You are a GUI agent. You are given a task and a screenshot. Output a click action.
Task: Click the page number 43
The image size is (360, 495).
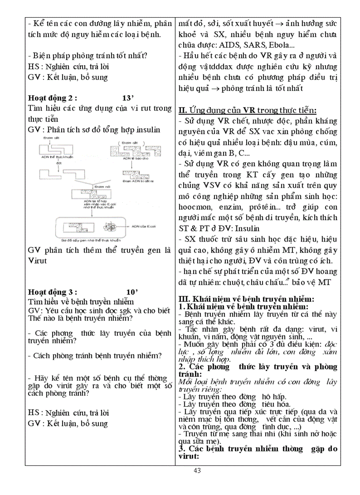pyautogui.click(x=197, y=470)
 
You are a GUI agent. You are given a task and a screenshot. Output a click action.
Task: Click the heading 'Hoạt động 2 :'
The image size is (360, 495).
pyautogui.click(x=53, y=98)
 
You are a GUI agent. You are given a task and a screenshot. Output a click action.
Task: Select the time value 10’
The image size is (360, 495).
pyautogui.click(x=120, y=292)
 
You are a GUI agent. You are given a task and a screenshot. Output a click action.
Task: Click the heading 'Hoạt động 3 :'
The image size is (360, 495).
pyautogui.click(x=53, y=292)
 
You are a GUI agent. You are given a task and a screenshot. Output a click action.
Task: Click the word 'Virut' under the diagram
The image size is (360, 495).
pyautogui.click(x=37, y=260)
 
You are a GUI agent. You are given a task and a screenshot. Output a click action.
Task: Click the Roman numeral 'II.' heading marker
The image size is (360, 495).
pyautogui.click(x=183, y=110)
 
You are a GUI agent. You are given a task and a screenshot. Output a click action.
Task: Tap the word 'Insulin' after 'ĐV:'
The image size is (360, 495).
pyautogui.click(x=247, y=228)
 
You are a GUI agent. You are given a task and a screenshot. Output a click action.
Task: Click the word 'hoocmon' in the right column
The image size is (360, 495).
pyautogui.click(x=195, y=207)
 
